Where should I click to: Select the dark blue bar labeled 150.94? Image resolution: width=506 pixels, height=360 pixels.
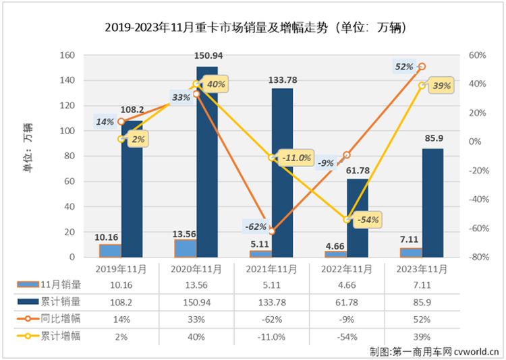(207, 162)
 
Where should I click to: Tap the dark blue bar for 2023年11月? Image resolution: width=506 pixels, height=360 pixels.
(432, 202)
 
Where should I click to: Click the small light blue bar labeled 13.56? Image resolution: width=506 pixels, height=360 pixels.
(185, 248)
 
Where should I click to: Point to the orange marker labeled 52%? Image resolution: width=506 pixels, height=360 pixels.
(422, 67)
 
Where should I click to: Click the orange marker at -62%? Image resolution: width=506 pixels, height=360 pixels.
(272, 231)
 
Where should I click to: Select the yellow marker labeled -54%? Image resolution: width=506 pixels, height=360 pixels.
(347, 220)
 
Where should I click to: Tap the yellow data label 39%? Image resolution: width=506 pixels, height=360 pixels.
(442, 86)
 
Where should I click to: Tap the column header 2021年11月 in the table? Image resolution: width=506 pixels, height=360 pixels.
(271, 269)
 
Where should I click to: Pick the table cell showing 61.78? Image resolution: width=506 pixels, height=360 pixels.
(347, 302)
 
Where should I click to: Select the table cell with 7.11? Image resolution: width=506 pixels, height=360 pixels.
(422, 285)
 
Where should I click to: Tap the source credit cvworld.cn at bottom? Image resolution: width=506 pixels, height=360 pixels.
(473, 350)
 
